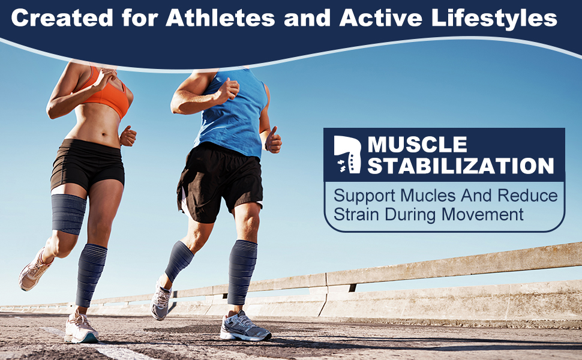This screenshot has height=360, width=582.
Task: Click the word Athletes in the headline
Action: point(220,18)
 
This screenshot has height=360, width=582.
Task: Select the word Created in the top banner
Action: point(62,18)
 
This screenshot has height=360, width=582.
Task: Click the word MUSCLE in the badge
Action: point(417,145)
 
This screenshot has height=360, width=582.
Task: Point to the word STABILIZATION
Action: point(461,166)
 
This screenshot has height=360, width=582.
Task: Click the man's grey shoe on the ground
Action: point(245,327)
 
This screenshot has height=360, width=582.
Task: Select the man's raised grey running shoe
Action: point(160,300)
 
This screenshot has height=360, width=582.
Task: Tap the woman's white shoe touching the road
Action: point(81,328)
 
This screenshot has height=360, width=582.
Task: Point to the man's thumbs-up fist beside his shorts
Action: point(273,140)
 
